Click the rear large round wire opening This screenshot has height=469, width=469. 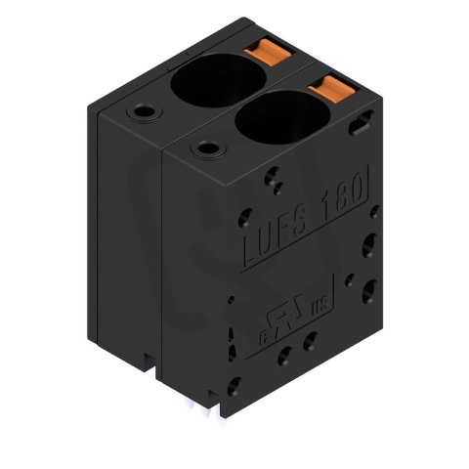[x=208, y=80]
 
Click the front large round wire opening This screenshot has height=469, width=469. [x=273, y=120]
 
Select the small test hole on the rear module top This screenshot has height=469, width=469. [x=144, y=112]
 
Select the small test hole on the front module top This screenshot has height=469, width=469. [x=205, y=148]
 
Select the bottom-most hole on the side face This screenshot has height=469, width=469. [x=234, y=387]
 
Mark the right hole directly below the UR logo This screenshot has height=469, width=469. [x=310, y=341]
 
